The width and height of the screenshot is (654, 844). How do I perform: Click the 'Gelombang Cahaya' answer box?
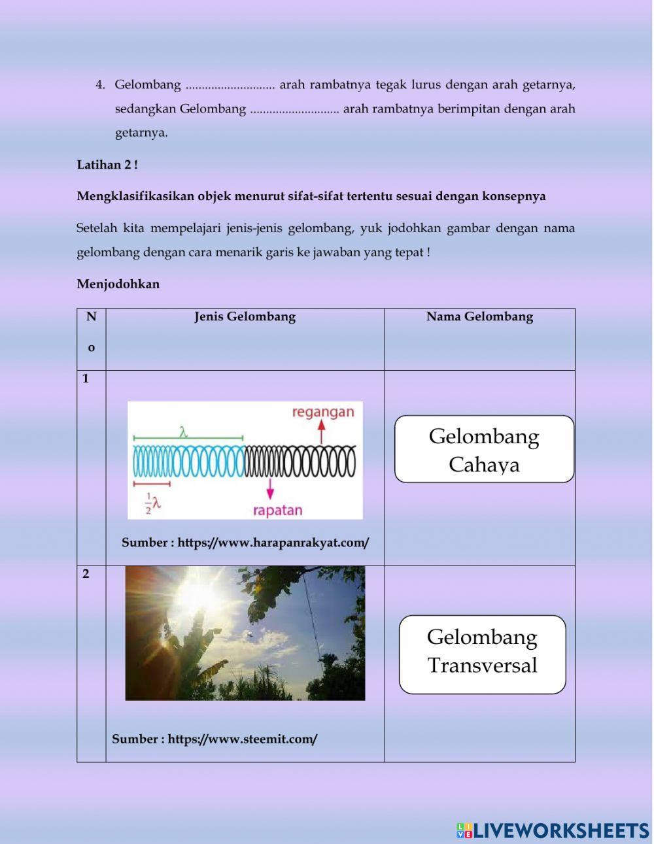[484, 449]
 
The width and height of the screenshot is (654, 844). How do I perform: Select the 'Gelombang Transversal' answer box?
[482, 654]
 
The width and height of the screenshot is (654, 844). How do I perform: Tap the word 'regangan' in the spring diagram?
[322, 413]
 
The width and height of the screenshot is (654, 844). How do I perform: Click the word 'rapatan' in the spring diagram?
[277, 511]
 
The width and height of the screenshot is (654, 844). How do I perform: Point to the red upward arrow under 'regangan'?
[321, 431]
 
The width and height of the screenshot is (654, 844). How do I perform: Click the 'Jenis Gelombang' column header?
[245, 317]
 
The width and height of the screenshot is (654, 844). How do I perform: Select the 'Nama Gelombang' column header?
[479, 317]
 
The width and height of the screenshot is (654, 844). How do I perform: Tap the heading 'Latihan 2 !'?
[107, 165]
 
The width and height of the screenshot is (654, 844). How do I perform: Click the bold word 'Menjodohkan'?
[118, 284]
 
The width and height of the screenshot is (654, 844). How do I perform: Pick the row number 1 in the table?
[86, 379]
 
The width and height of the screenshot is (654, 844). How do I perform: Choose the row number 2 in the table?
[86, 575]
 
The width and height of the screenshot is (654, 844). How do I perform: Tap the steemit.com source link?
[243, 739]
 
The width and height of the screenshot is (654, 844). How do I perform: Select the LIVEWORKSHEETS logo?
[553, 830]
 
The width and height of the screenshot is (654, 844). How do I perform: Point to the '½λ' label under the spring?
[152, 503]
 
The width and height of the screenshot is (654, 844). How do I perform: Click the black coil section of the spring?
[300, 461]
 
